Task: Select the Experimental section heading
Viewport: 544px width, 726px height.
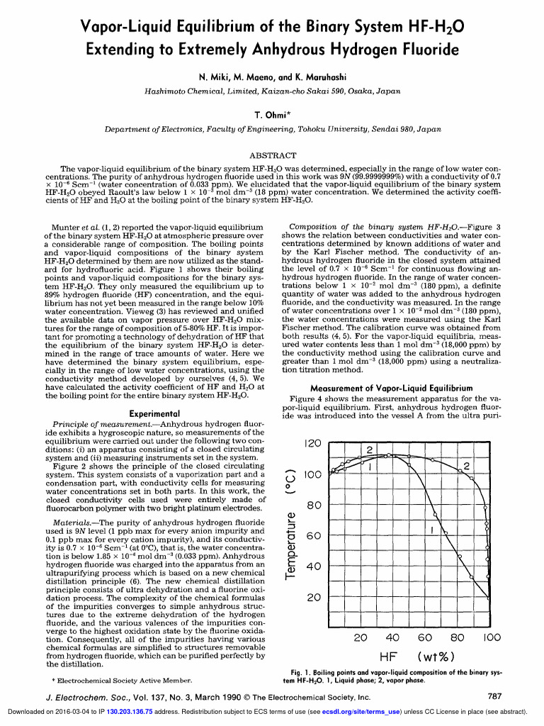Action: point(154,413)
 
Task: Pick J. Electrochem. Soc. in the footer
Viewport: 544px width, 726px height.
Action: point(83,697)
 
